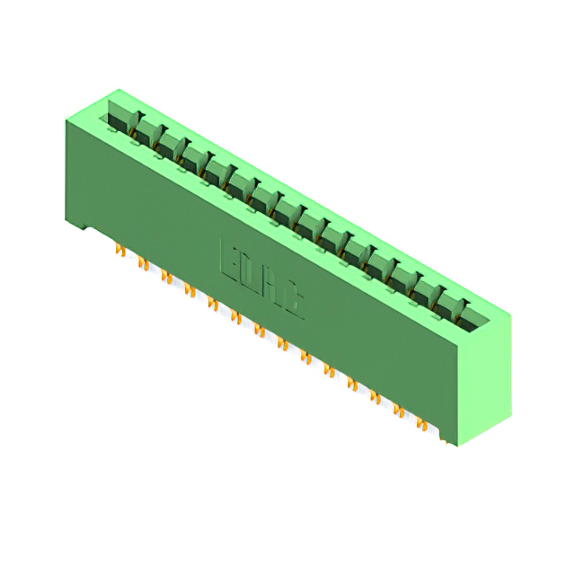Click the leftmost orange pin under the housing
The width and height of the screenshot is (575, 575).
click(120, 251)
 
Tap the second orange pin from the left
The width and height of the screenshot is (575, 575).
click(142, 263)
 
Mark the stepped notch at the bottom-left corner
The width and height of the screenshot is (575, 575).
click(81, 225)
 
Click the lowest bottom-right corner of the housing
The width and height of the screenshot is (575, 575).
click(457, 445)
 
